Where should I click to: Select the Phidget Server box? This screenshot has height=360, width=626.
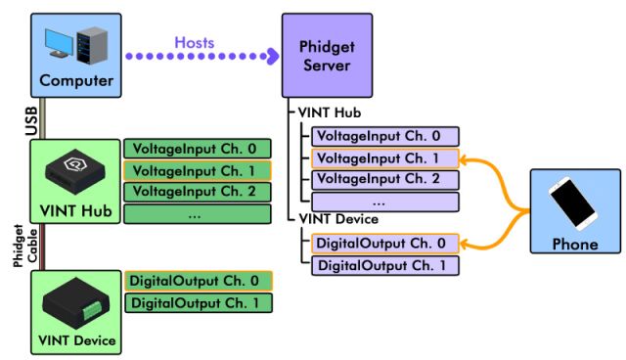[326, 55]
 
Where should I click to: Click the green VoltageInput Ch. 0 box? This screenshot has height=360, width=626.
[197, 149]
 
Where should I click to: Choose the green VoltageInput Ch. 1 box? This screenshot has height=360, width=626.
[197, 170]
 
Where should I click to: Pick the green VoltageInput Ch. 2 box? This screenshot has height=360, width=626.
[197, 192]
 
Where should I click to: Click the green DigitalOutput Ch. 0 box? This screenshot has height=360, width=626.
[197, 282]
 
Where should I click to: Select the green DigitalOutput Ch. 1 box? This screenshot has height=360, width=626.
[197, 303]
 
